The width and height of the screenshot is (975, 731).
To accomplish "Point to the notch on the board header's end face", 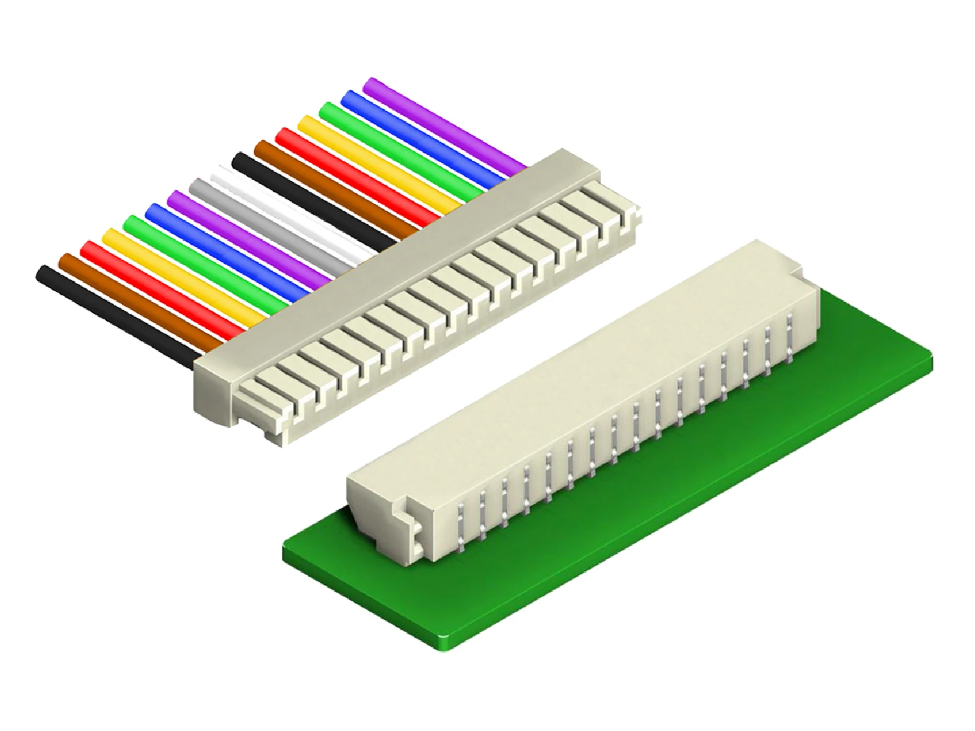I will point(408,515).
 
